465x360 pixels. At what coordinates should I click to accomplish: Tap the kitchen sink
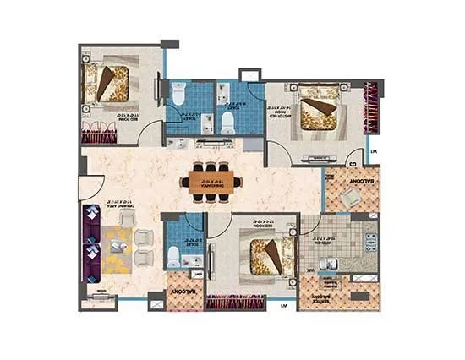[x=332, y=269]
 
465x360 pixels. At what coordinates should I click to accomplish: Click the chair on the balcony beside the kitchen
[x=349, y=197]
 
